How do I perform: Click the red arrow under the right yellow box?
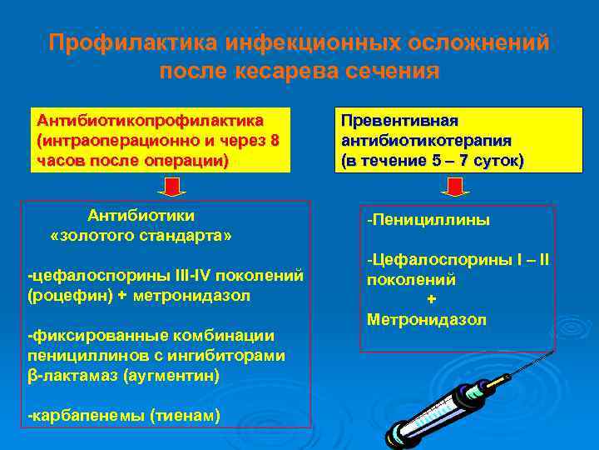pyautogui.click(x=455, y=187)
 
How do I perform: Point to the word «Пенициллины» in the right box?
pyautogui.click(x=431, y=220)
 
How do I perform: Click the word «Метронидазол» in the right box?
pyautogui.click(x=426, y=320)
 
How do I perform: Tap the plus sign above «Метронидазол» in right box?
pyautogui.click(x=430, y=300)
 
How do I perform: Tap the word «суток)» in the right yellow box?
pyautogui.click(x=497, y=160)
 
